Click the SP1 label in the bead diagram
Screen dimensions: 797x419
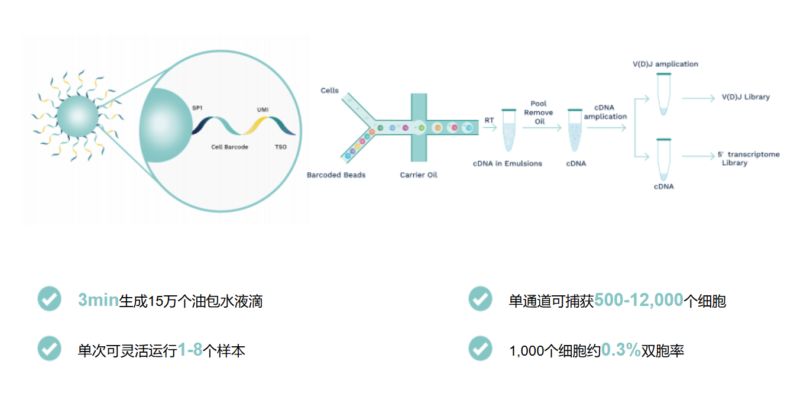pos(197,108)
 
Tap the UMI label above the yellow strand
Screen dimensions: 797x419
pos(263,109)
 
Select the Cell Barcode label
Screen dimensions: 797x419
pos(229,147)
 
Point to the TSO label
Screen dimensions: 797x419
pos(281,147)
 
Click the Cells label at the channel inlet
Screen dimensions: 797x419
pos(329,91)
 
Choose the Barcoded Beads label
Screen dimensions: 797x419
pos(336,175)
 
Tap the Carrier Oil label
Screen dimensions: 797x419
pos(419,175)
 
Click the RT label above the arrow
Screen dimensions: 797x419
pos(489,120)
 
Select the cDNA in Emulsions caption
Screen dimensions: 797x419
pos(507,163)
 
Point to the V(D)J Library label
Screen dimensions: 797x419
pos(746,97)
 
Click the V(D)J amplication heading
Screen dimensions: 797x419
pos(665,64)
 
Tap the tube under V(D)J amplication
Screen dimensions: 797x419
pos(663,94)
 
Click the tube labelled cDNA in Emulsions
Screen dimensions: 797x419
pos(509,130)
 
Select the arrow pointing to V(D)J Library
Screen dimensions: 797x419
pos(698,98)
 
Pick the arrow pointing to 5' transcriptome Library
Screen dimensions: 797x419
pos(698,156)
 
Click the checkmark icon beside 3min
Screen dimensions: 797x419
pos(50,299)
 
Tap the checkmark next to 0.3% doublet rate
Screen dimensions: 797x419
pos(480,349)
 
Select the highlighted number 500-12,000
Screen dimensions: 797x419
pos(639,300)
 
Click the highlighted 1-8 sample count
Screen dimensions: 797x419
pos(190,350)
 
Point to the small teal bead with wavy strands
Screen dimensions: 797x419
pos(77,116)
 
